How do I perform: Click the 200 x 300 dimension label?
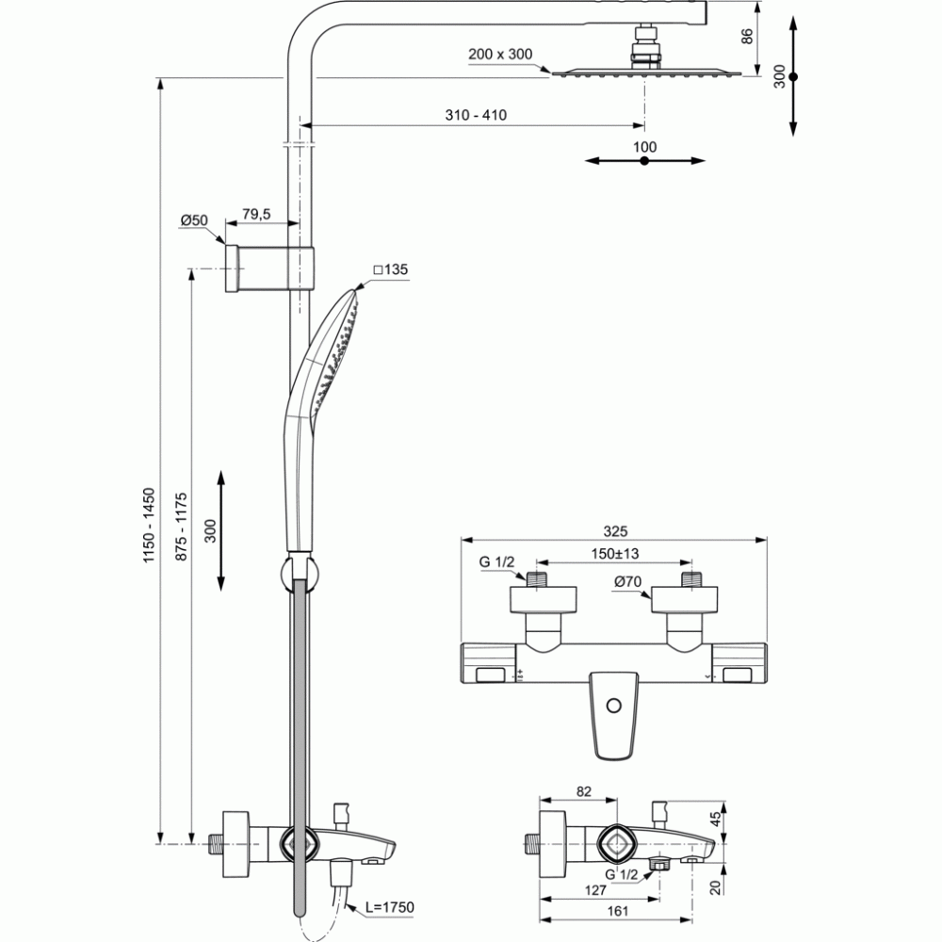[500, 54]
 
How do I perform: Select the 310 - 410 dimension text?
[476, 115]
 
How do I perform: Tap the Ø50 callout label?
[194, 220]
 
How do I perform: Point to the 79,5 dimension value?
[256, 214]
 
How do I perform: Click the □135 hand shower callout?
[391, 269]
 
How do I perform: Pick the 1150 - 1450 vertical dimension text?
[149, 526]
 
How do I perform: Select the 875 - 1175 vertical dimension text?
[181, 527]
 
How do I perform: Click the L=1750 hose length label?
[390, 906]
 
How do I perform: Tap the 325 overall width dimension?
[615, 531]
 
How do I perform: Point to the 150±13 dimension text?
[614, 553]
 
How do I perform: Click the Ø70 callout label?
[627, 581]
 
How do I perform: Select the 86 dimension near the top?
[747, 36]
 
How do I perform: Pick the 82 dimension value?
[584, 792]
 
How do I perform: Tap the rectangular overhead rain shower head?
[646, 73]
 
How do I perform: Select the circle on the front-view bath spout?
[613, 706]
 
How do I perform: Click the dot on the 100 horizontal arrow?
[644, 161]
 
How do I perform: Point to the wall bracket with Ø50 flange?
[269, 268]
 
